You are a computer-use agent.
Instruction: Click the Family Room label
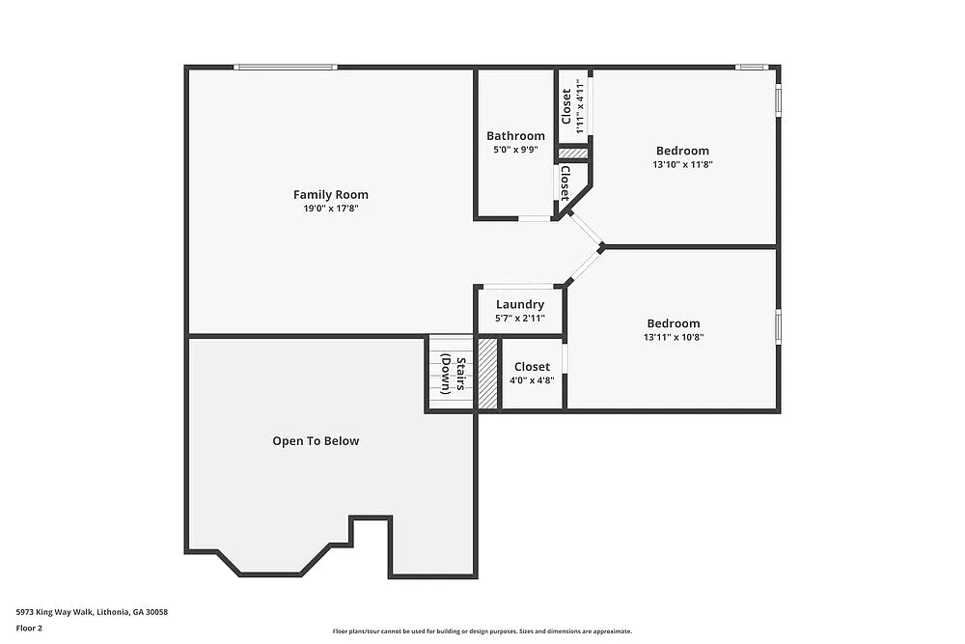click(331, 195)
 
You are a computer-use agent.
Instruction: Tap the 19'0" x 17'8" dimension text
click(331, 209)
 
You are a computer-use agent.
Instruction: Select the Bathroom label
click(515, 136)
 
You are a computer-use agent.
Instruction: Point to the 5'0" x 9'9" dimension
click(515, 151)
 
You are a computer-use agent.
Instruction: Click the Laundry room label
click(520, 305)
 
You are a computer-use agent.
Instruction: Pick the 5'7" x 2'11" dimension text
click(520, 319)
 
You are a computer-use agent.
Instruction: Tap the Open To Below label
click(316, 441)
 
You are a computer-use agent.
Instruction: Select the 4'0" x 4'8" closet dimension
click(532, 380)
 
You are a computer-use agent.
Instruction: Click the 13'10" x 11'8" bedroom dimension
click(682, 165)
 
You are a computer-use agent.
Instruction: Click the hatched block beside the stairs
click(488, 374)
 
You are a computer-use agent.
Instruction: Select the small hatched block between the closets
click(573, 153)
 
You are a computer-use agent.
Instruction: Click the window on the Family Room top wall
click(286, 67)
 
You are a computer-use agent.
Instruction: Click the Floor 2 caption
click(29, 628)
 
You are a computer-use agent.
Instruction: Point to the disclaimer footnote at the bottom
click(482, 630)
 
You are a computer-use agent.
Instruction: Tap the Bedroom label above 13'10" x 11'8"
click(682, 151)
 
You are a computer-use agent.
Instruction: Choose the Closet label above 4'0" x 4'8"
click(532, 367)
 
